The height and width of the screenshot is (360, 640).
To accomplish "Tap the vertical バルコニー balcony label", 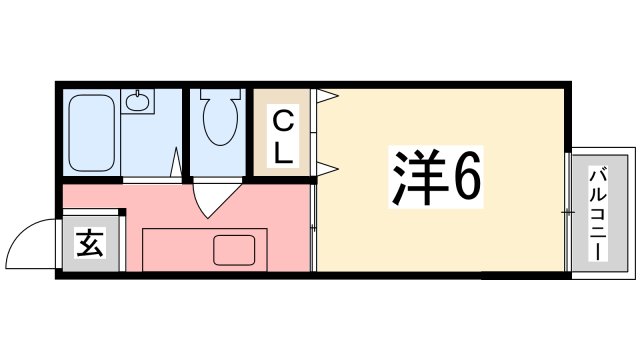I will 598,211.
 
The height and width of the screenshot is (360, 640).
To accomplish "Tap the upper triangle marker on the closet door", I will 327,97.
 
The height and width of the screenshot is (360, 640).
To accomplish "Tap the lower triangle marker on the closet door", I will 327,165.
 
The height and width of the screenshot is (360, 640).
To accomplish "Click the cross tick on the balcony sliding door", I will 567,212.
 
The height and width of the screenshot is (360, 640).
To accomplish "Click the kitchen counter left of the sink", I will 175,250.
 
